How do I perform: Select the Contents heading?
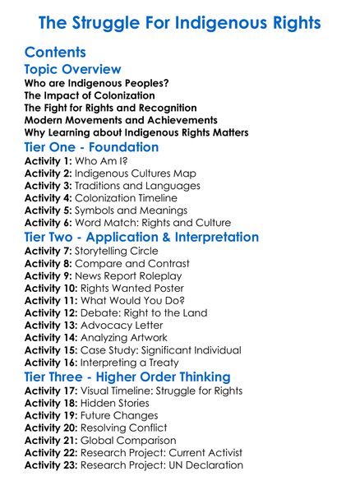(56, 53)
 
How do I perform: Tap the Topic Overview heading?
(73, 70)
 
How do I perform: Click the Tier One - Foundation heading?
(92, 148)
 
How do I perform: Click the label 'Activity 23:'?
(51, 465)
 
